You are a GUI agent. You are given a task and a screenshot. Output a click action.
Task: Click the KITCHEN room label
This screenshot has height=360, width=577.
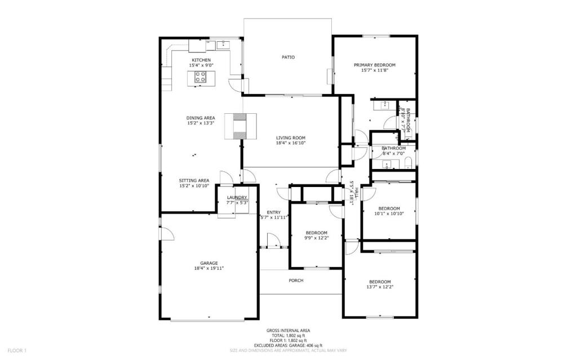[201, 60]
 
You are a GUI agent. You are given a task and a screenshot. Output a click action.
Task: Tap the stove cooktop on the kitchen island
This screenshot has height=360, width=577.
[201, 78]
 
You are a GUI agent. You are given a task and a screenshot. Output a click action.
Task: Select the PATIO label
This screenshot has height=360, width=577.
[288, 57]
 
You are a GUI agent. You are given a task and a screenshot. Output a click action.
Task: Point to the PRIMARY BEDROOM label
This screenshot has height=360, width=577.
[374, 65]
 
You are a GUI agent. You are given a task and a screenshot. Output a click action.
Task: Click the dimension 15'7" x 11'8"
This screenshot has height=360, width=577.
[374, 71]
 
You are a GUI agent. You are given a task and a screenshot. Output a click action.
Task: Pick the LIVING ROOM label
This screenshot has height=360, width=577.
[290, 137]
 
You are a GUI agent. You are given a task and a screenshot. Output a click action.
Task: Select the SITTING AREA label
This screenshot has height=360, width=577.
[194, 180]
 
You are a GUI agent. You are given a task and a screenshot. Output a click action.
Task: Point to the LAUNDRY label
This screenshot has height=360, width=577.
[237, 197]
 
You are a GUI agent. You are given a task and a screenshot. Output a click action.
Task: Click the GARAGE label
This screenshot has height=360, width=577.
[208, 263]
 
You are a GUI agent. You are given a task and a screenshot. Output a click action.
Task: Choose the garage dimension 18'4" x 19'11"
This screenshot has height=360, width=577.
[208, 269]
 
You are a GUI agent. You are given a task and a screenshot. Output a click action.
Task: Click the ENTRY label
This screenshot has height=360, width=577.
[274, 212]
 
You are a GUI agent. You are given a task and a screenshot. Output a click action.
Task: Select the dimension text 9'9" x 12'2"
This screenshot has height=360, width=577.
[316, 238]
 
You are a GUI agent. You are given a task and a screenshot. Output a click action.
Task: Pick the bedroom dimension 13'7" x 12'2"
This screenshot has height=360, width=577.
[380, 287]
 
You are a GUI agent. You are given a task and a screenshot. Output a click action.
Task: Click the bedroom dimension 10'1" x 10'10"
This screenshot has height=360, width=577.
[389, 214]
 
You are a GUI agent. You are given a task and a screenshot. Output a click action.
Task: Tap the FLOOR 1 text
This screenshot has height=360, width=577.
[17, 350]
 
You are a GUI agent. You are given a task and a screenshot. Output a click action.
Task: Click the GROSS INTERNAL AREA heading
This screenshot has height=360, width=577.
[288, 330]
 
